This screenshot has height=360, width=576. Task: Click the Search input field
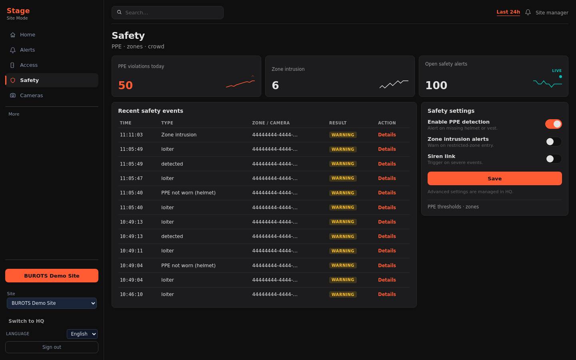point(167,13)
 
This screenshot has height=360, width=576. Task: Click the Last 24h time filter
point(508,12)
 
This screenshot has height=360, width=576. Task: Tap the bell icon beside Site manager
point(528,12)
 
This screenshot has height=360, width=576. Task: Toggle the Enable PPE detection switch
point(553,124)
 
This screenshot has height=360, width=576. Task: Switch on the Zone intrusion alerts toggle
point(553,142)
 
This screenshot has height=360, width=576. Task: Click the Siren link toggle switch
point(553,159)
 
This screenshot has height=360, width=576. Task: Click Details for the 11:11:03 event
point(387,135)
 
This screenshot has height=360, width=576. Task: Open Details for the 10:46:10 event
point(387,294)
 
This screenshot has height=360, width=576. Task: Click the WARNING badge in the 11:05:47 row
point(343,178)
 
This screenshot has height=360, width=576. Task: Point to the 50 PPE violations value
point(126,85)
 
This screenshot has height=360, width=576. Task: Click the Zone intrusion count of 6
point(275,85)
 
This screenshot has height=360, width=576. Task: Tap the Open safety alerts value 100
point(436,85)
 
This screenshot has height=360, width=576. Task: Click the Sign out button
point(52,347)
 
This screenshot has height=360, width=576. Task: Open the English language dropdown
point(82,334)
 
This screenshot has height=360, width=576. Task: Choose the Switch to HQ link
point(26,321)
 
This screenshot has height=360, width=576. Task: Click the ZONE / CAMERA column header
point(271,123)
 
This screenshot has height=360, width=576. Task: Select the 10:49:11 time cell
point(131,251)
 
